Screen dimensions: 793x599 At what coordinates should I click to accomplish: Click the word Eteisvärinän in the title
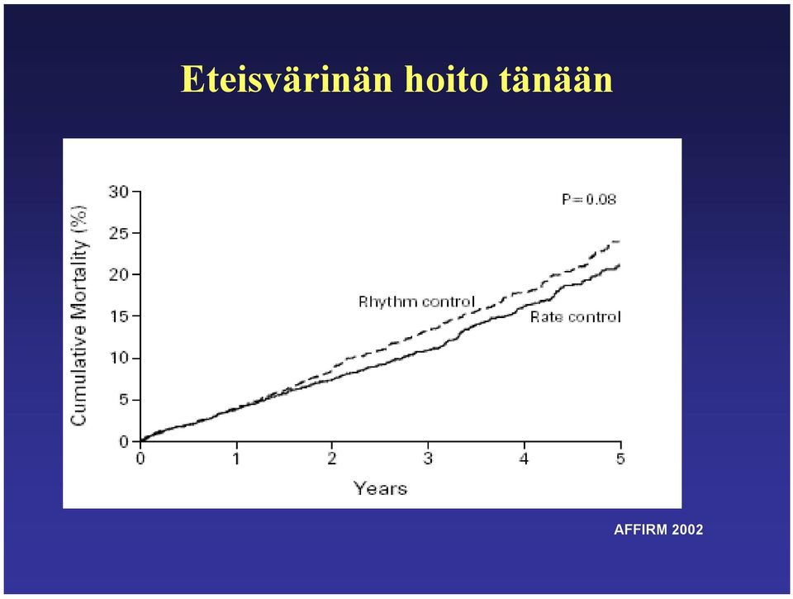(x=287, y=79)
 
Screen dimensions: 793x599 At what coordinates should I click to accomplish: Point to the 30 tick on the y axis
(x=119, y=192)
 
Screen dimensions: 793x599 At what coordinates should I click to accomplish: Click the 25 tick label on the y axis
(x=119, y=234)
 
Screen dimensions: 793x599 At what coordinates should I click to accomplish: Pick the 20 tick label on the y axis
(x=119, y=274)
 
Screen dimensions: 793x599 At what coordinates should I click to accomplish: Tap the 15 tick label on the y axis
(x=119, y=316)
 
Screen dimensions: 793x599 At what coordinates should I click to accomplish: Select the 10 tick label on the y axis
(x=119, y=359)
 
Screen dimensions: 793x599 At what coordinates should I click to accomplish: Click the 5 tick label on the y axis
(x=124, y=400)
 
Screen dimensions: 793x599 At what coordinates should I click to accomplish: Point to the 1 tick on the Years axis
(x=236, y=459)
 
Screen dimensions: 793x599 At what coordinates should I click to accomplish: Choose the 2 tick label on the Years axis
(x=332, y=459)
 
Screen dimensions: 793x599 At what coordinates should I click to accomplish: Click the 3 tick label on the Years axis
(x=429, y=459)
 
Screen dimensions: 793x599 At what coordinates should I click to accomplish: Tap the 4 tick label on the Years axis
(x=525, y=459)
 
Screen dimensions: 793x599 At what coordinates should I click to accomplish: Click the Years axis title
(x=380, y=489)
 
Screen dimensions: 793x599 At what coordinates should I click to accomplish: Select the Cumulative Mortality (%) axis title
(x=79, y=316)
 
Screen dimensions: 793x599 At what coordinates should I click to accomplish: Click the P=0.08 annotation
(x=589, y=199)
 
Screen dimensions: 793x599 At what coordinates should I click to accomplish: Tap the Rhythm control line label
(x=416, y=302)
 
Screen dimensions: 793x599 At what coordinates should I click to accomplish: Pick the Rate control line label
(x=576, y=317)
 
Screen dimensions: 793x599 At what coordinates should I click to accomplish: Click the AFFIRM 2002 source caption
(x=658, y=530)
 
